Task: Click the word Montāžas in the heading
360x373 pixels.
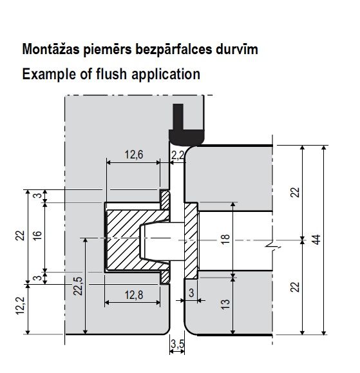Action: pos(51,49)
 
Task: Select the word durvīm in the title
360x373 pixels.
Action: pos(237,49)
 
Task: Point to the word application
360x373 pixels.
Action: pos(166,75)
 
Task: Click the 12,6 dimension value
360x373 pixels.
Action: pos(134,155)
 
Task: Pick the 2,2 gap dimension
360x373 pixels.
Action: pos(178,155)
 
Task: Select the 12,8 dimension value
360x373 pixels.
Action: pos(134,295)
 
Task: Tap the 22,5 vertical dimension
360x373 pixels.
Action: pos(78,286)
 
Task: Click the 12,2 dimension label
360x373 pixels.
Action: pos(21,305)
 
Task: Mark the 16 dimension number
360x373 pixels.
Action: pos(37,236)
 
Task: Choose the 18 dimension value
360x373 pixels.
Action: pos(225,239)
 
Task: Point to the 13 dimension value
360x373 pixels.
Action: pos(225,304)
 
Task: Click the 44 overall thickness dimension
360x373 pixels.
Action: pos(316,240)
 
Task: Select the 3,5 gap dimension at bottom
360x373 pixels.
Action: pos(177,343)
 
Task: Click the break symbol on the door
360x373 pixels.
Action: pos(273,247)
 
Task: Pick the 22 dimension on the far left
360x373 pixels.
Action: pos(21,236)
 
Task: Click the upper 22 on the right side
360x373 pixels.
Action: pos(295,192)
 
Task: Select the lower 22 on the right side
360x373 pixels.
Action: pos(295,287)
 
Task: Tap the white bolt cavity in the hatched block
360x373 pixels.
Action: pos(162,241)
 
